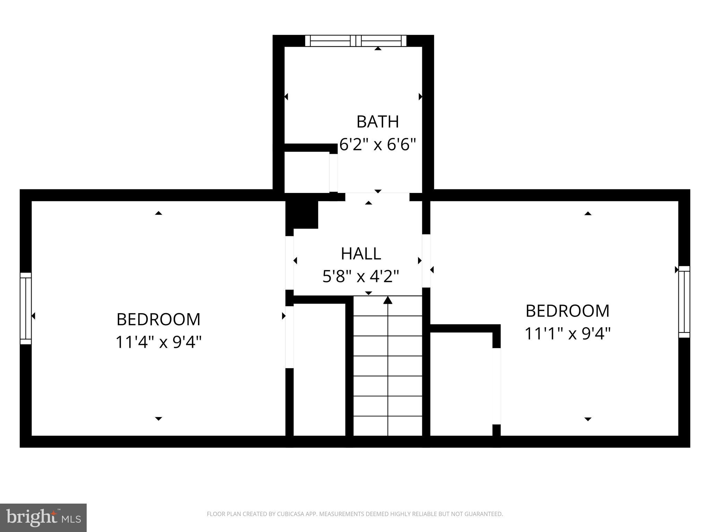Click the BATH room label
point(378,122)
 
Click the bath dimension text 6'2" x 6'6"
point(378,144)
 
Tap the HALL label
point(361,254)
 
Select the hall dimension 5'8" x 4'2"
point(361,276)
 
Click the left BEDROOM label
point(158,319)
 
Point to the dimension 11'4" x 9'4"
point(158,342)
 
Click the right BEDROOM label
point(567,311)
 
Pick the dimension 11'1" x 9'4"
point(567,334)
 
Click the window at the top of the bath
point(356,41)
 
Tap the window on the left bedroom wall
point(26,308)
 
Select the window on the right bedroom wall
point(684,302)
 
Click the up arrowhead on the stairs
point(388,300)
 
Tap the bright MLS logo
point(43,517)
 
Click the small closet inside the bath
point(306,172)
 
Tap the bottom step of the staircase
point(388,426)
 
